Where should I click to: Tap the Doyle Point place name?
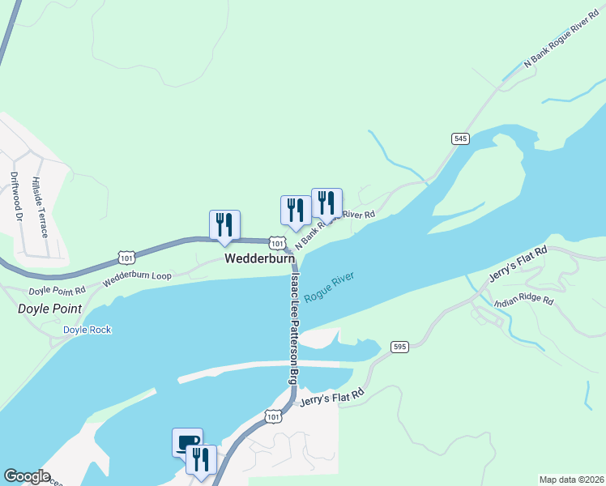point(50,309)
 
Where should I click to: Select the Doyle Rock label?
point(87,330)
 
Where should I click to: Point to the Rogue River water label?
point(329,289)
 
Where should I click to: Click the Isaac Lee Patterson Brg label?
point(293,328)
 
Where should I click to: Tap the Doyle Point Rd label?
point(57,290)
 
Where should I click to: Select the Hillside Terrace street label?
point(41,207)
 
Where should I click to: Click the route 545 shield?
point(460,139)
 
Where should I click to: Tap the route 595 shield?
point(399,346)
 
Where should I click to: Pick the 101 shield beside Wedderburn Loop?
point(126,257)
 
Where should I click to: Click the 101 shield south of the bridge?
point(273,416)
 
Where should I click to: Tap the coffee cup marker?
point(187,441)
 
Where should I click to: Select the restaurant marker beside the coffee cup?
point(201,458)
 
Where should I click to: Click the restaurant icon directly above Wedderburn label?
point(224,225)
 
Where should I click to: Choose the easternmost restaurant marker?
point(326,202)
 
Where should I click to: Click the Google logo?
point(27,476)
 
